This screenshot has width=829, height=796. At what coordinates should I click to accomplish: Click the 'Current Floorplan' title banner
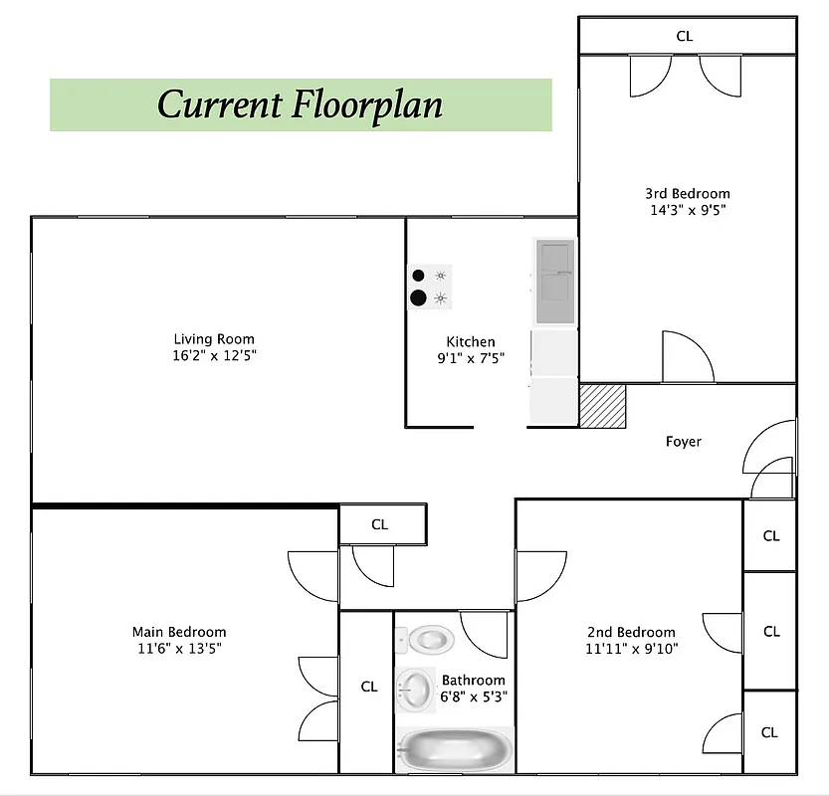pos(301,104)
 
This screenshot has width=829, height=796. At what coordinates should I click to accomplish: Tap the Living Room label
pos(214,339)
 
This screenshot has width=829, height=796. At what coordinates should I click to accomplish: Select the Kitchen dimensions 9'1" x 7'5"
pos(470,358)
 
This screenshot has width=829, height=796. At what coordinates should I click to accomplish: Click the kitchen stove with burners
pos(430,287)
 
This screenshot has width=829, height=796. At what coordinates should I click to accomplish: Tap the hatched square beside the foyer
pos(603,406)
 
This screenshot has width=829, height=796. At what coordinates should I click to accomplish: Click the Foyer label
pos(683,441)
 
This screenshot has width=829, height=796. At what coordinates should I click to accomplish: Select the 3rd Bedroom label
pos(687,193)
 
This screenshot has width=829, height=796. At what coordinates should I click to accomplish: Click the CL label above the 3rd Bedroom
pos(685,36)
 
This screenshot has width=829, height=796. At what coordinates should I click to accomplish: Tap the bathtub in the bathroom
pos(454,749)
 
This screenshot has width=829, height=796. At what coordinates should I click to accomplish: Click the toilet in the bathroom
pos(430,638)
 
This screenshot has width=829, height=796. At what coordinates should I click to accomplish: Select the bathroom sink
pos(414,688)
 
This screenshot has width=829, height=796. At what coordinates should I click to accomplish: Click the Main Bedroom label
pos(179,632)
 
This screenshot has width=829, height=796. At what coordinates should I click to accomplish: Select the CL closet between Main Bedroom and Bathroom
pos(369,687)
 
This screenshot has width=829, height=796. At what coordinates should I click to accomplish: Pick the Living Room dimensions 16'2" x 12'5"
pos(214,356)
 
